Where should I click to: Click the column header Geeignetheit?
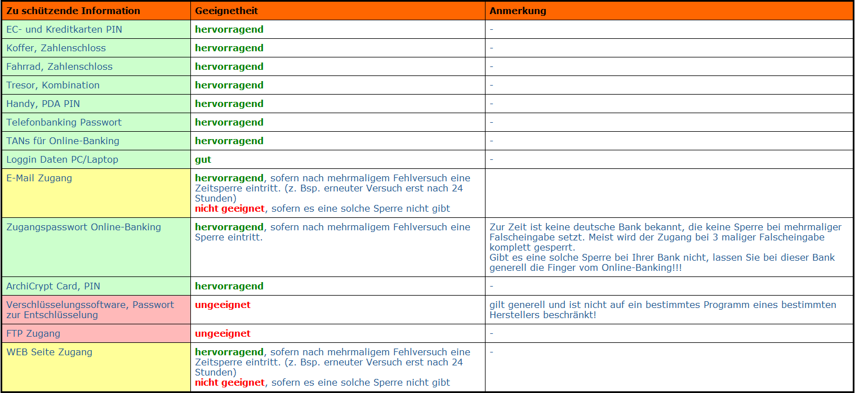click(226, 11)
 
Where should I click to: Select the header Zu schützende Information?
click(73, 11)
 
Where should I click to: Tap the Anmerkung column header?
click(518, 11)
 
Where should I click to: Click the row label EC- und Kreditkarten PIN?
click(64, 29)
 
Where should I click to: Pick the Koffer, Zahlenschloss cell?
click(56, 48)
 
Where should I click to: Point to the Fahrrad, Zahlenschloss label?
click(59, 66)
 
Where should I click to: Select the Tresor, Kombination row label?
click(53, 85)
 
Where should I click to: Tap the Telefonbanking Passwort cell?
click(64, 122)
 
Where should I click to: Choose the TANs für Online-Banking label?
click(63, 141)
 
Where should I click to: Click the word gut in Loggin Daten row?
click(203, 159)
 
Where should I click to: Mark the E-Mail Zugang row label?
click(39, 178)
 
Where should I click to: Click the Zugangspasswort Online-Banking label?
click(83, 227)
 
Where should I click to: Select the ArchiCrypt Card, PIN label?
click(53, 286)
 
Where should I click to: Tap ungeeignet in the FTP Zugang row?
click(222, 333)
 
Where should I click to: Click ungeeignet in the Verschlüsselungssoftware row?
click(222, 305)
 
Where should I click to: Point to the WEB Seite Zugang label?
click(49, 352)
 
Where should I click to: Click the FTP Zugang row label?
click(33, 333)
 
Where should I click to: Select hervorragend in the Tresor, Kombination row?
click(229, 85)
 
